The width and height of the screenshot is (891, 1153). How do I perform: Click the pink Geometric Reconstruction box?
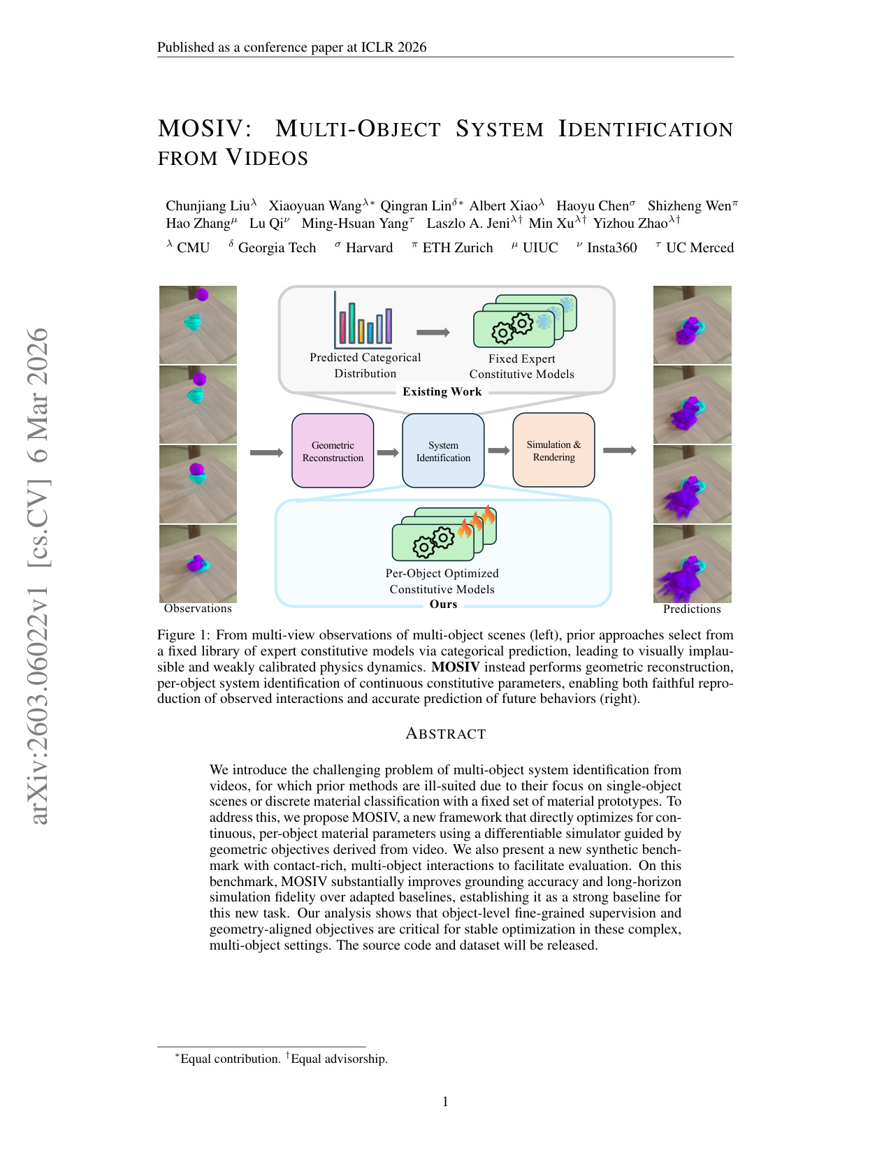(333, 451)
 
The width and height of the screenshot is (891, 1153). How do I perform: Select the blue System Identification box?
(443, 451)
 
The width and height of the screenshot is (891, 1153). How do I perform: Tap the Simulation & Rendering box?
(553, 450)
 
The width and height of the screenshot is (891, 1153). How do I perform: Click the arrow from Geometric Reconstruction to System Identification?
(388, 453)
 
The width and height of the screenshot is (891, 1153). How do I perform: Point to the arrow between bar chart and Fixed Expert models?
(433, 332)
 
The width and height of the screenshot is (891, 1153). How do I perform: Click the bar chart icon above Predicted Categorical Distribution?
(363, 319)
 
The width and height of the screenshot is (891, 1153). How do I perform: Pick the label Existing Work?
(442, 391)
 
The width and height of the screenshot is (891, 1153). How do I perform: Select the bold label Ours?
(443, 604)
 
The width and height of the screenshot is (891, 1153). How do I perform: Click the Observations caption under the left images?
(198, 609)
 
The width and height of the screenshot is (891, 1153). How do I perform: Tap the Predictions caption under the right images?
(692, 609)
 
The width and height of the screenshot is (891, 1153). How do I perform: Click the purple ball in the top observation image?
(202, 294)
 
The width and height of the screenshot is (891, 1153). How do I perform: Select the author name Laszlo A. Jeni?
(468, 224)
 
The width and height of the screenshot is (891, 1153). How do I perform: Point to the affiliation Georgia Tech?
(277, 248)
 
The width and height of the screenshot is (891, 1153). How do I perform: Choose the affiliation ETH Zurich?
(458, 248)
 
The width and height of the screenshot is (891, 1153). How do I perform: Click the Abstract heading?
(446, 733)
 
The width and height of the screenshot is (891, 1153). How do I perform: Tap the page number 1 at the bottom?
(445, 1102)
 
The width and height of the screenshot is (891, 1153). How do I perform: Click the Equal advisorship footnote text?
(339, 1059)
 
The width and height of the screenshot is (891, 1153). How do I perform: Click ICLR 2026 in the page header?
(393, 48)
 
